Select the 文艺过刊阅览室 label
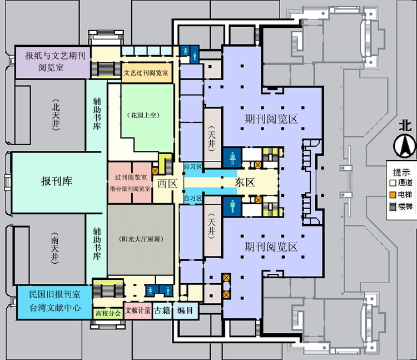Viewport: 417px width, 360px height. (x=146, y=72)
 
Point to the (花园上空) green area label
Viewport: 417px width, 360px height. (x=143, y=116)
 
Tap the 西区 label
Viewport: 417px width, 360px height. (x=165, y=183)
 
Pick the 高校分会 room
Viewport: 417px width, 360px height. (x=108, y=313)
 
